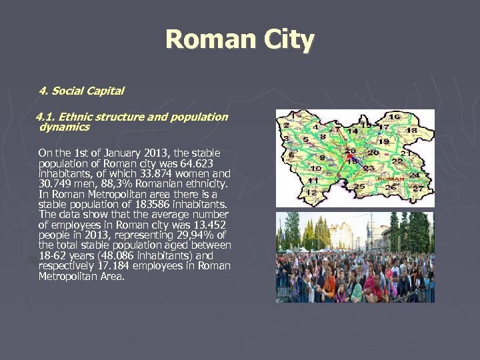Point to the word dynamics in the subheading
click(64, 126)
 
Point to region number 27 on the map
click(418, 189)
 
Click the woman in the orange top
click(328, 284)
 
